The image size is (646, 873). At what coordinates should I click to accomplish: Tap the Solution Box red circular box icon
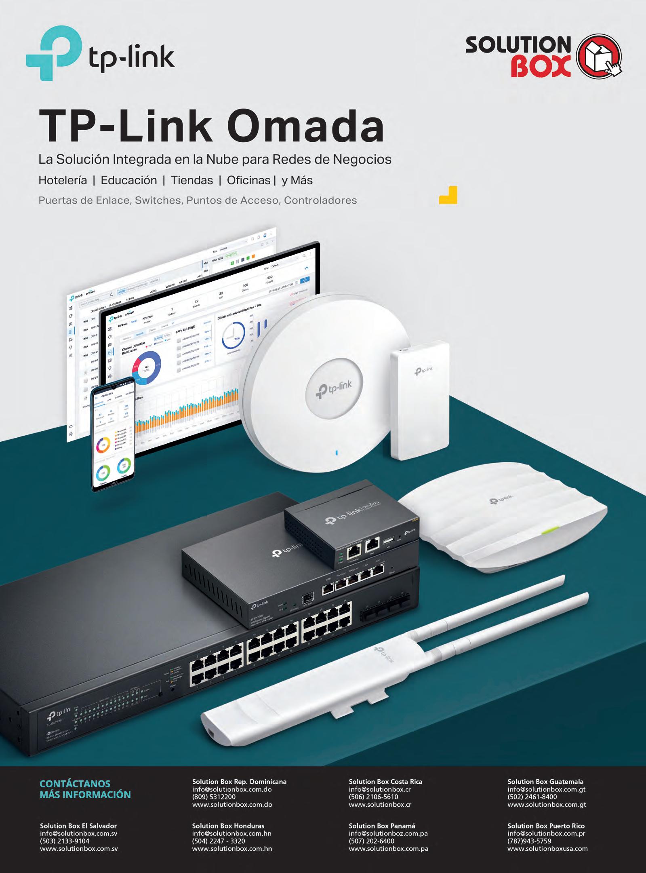598,57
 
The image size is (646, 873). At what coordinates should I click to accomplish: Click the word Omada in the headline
308,127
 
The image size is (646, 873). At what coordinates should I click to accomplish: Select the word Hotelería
63,180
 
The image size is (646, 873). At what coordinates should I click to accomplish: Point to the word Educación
129,180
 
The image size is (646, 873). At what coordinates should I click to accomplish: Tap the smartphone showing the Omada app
114,434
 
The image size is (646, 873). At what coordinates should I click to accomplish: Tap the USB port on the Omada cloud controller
388,540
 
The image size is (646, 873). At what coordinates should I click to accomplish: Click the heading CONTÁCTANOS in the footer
75,784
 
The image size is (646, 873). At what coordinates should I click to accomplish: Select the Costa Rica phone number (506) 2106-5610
373,797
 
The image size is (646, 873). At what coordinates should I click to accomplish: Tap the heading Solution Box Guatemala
545,782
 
